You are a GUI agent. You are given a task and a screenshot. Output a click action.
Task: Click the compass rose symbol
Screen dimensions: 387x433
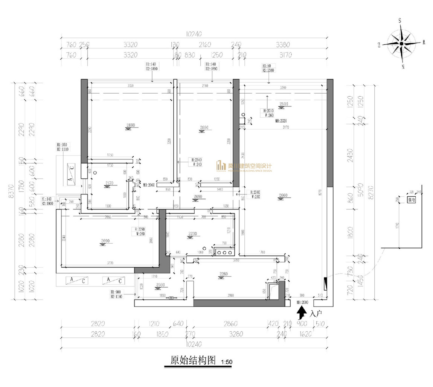(x=402, y=44)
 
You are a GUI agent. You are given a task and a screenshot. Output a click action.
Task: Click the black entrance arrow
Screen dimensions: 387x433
(x=301, y=312)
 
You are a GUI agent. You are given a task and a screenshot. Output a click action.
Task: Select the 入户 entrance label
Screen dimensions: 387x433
(x=315, y=312)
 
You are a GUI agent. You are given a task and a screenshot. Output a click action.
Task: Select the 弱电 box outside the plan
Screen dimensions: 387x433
(x=412, y=200)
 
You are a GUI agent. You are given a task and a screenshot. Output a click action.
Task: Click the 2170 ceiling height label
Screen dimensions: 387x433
(x=109, y=183)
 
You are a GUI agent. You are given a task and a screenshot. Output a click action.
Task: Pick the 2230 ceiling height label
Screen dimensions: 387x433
(x=193, y=234)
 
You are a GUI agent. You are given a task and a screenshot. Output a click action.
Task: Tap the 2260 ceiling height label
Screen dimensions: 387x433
(x=224, y=274)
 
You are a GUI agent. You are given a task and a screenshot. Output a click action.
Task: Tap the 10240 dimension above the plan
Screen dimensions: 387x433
(x=192, y=34)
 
